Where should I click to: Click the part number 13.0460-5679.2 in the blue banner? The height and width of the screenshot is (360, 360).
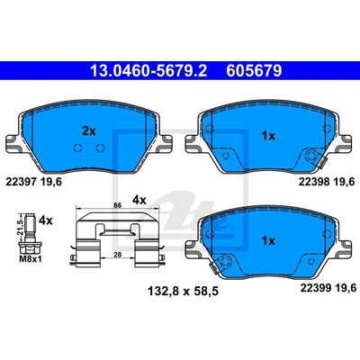tap(148, 71)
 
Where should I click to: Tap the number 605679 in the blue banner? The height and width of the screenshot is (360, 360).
tap(254, 71)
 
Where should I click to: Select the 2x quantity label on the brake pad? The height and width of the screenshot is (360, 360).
tap(88, 131)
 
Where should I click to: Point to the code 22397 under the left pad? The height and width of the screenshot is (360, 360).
tap(21, 182)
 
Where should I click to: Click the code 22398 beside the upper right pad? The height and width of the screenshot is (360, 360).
tap(314, 182)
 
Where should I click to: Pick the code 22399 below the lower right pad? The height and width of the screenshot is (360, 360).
tap(316, 288)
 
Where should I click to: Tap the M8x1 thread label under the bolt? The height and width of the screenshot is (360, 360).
tap(30, 259)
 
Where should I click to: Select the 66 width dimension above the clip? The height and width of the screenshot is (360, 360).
tap(117, 205)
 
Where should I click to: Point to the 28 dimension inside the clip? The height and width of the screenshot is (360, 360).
tap(118, 255)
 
